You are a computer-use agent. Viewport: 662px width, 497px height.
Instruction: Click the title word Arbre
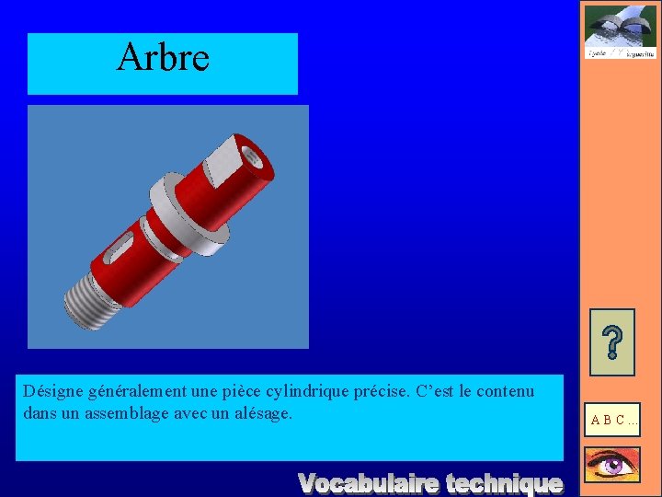[x=163, y=57]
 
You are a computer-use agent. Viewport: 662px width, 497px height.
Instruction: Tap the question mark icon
[x=611, y=341]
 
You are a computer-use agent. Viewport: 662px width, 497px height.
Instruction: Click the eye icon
[x=611, y=465]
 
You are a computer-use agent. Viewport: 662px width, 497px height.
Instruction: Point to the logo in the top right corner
[x=620, y=32]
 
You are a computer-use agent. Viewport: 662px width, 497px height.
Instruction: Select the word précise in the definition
[x=381, y=392]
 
